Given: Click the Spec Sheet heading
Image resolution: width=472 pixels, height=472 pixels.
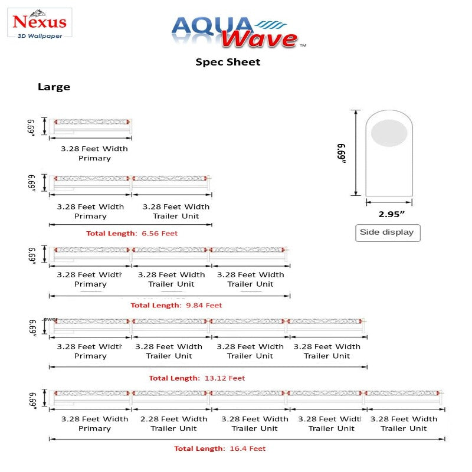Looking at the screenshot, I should click(228, 62).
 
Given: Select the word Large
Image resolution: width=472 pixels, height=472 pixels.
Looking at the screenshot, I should click(54, 87).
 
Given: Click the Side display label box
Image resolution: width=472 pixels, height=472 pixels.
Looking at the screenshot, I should click(387, 232).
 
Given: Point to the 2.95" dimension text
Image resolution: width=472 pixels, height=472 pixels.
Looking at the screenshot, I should click(387, 214).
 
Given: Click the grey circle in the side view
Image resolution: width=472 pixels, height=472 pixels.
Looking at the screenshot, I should click(389, 133).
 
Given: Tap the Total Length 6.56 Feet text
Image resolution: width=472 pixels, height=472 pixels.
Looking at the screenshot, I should click(132, 233).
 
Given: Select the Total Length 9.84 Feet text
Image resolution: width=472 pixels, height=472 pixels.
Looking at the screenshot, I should click(176, 306).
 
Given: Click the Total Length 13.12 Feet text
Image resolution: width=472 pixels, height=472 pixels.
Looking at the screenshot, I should click(196, 378).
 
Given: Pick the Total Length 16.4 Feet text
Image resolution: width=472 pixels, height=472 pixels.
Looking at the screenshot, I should click(219, 449).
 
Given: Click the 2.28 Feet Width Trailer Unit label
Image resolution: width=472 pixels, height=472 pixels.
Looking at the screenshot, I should click(173, 424).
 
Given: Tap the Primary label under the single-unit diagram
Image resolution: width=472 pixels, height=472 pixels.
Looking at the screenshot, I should click(94, 158).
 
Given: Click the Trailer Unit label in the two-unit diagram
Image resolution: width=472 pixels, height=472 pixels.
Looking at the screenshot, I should click(176, 216).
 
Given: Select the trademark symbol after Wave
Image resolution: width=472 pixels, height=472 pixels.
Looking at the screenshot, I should click(303, 45).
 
